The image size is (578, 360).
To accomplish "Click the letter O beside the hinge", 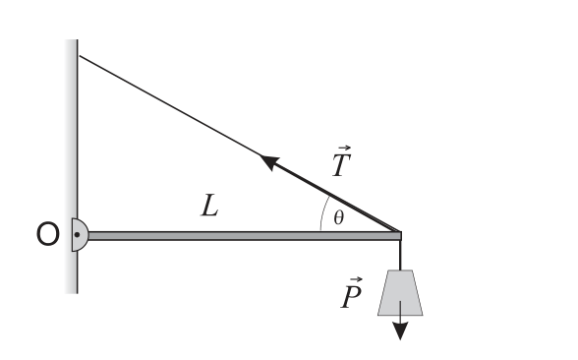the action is [47, 234].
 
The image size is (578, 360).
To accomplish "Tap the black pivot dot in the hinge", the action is [77, 234].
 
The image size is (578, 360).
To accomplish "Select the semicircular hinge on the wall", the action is [80, 234].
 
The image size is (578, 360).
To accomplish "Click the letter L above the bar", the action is [210, 205].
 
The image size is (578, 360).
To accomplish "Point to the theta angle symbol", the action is [339, 217].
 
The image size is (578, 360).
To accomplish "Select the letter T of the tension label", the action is [341, 165].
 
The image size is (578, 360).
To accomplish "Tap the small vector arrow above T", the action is [344, 148].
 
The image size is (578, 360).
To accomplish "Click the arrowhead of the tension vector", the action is [269, 161].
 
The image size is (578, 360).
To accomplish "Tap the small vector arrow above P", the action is [356, 280].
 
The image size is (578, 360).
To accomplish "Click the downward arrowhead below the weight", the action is [400, 330].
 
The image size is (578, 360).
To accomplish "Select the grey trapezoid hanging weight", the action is [400, 293].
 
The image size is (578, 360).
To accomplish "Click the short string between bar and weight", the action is [400, 256].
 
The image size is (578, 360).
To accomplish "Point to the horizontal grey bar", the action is [245, 236].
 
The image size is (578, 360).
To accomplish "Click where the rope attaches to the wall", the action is [80, 56].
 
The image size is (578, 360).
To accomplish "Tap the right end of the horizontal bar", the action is [401, 236].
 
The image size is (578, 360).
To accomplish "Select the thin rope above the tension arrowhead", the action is [169, 105].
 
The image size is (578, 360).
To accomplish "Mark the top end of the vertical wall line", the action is [78, 39].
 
